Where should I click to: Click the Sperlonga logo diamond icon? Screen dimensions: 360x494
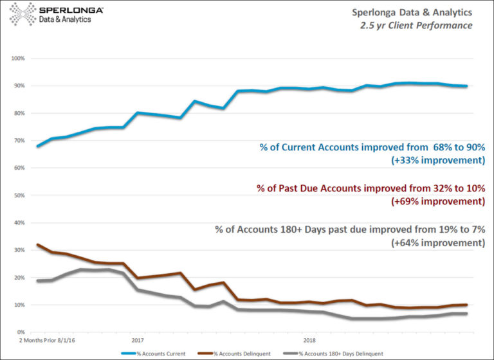[x=20, y=14]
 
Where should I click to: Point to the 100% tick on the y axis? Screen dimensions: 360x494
[x=18, y=59]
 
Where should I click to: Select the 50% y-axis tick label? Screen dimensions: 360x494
[x=18, y=195]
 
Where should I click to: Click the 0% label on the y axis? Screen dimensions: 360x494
[x=20, y=332]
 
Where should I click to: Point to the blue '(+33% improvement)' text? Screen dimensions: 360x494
[x=437, y=161]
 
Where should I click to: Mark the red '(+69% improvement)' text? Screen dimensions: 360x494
[x=437, y=202]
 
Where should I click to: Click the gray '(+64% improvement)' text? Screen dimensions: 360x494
[x=437, y=243]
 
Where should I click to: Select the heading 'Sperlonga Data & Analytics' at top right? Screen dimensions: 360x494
[x=411, y=12]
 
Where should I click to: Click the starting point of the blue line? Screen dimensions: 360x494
[x=38, y=147]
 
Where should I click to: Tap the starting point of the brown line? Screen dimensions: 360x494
[x=38, y=245]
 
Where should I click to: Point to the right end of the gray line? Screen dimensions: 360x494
[x=467, y=313]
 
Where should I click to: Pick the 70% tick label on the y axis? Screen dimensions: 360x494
[x=18, y=141]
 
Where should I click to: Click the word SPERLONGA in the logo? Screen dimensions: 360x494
[x=66, y=10]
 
